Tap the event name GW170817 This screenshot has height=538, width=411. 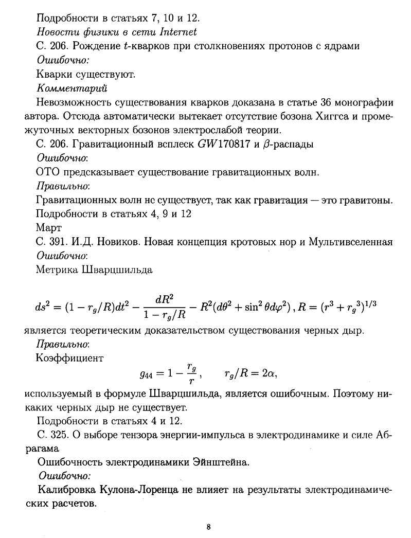(x=222, y=144)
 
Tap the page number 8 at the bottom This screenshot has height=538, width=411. (x=208, y=527)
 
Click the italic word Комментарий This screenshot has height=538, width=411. (x=72, y=88)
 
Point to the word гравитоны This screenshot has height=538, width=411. (x=366, y=200)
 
